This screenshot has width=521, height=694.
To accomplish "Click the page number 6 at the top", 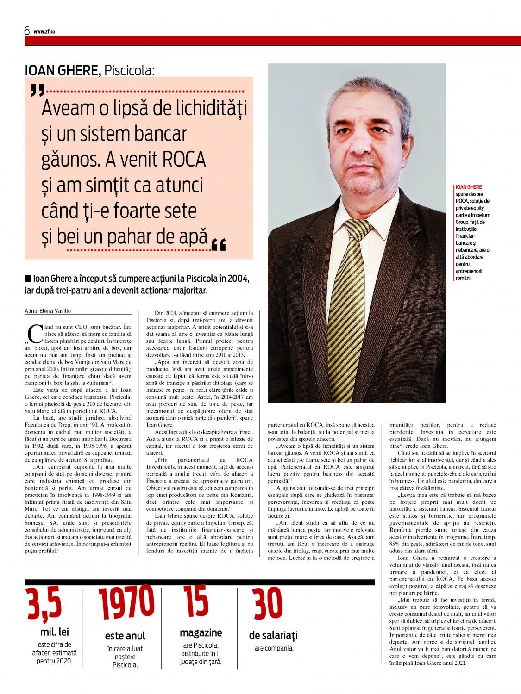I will click(27, 31).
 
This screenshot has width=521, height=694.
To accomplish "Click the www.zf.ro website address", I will click(44, 32).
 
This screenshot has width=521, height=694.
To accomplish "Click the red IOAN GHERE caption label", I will click(465, 187).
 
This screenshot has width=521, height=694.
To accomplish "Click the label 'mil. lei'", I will click(55, 632).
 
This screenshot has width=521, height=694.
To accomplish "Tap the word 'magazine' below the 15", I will click(201, 632).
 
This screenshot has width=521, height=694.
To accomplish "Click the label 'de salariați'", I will click(273, 635).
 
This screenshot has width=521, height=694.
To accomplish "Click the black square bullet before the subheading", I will click(29, 279).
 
